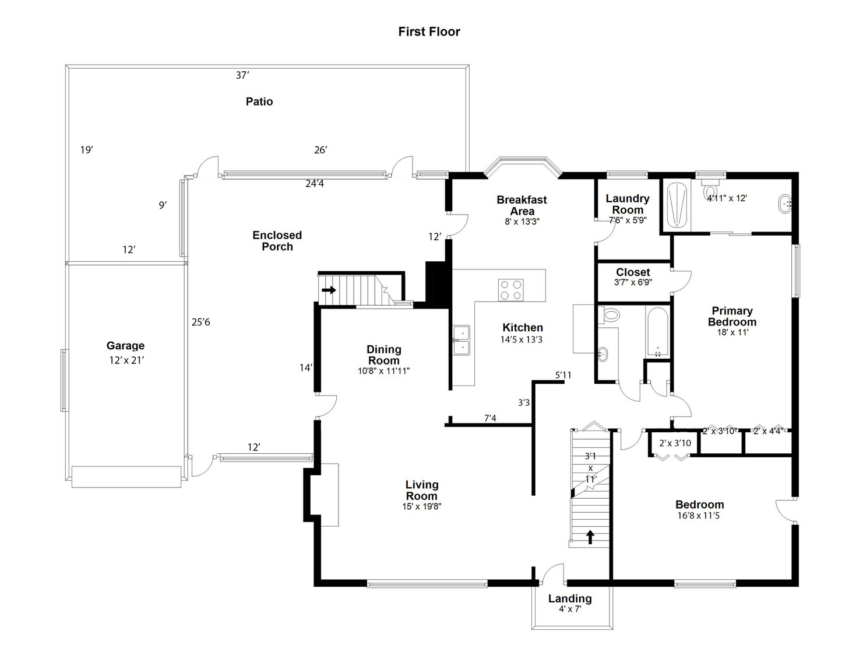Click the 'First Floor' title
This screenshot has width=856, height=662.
(x=429, y=32)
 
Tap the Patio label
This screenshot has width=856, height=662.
(x=259, y=101)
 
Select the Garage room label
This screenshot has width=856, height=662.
(x=125, y=346)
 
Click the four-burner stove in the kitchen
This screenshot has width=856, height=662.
(x=510, y=290)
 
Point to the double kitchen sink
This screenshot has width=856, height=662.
(x=462, y=341)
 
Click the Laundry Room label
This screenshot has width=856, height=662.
(x=628, y=204)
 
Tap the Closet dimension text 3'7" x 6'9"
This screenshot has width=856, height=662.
(x=633, y=282)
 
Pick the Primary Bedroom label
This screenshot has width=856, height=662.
(x=732, y=316)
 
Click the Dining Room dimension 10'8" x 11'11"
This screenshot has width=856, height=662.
(x=383, y=370)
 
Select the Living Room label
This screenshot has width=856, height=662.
(x=422, y=490)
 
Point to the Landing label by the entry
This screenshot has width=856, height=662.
(x=570, y=598)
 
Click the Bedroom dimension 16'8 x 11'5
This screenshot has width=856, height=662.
(x=699, y=516)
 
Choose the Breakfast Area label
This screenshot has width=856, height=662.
(x=522, y=205)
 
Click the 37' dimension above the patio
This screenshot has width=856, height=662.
(x=242, y=75)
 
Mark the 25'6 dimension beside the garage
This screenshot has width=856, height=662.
(x=200, y=321)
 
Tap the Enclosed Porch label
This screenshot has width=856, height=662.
(x=277, y=241)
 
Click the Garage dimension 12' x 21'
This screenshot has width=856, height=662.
(x=126, y=360)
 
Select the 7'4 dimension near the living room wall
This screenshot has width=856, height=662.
(x=490, y=418)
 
